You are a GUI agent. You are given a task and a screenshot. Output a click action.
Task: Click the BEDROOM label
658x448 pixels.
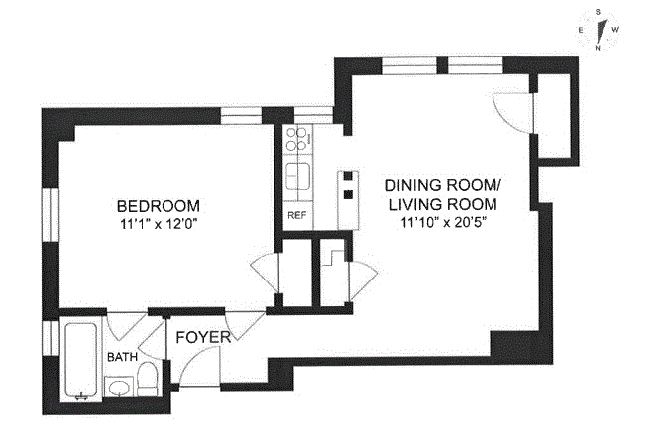pos(159,206)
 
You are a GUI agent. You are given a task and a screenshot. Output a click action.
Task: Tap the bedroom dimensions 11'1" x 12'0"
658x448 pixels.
pos(159,225)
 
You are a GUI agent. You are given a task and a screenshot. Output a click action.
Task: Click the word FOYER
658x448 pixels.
pos(203,337)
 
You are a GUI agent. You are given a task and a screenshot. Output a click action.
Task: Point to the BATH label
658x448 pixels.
pos(122,357)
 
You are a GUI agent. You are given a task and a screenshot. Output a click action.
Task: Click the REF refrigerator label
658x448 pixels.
pos(296,216)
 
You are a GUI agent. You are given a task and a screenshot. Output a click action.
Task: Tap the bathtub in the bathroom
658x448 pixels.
pos(81,360)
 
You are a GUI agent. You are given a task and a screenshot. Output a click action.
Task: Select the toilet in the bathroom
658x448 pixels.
pos(147,379)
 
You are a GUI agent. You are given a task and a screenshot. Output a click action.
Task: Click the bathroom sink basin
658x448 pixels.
pos(119,387)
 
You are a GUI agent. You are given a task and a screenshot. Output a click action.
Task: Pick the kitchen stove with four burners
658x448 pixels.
pos(298,140)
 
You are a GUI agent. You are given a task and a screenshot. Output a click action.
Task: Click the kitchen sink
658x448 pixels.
pos(298,176)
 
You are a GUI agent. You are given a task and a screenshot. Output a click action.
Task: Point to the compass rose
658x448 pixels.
pos(598,30)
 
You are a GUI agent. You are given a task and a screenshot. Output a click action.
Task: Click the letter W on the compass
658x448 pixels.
pos(615,30)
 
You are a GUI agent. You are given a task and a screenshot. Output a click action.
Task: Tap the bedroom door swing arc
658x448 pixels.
pos(264,273)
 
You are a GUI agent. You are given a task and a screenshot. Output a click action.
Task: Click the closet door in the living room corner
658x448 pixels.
pos(512,112)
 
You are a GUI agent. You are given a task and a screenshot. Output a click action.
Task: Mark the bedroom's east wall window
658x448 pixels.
pos(52,215)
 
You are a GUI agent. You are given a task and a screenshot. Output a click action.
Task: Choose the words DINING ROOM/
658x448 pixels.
pos(443,185)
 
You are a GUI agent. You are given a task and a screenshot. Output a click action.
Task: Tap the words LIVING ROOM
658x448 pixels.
pos(443,204)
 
